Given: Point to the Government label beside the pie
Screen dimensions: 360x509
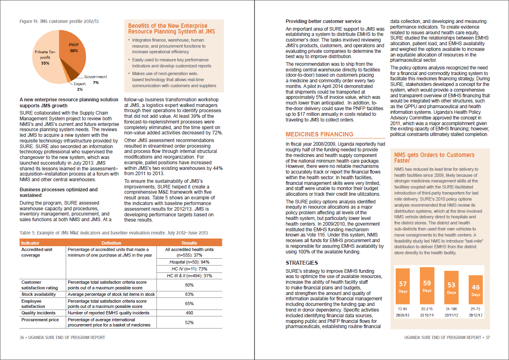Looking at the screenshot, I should point(96,77).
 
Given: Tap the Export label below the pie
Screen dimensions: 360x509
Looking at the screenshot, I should point(80,84).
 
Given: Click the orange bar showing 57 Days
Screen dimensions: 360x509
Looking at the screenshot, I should point(403,287).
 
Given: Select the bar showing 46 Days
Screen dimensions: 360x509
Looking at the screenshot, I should point(476,290).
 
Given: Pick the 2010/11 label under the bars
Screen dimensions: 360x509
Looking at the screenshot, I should point(427,315).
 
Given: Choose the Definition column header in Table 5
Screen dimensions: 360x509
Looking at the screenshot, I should point(111,243).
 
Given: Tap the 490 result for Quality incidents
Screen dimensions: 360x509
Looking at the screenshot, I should point(189,313).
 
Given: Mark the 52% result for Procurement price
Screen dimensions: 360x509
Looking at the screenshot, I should point(189,322).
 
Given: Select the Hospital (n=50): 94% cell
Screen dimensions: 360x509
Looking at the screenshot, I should point(189,262).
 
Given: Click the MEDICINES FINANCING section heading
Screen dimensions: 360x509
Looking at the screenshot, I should point(319,134).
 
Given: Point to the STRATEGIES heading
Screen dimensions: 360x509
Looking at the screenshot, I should point(302,263).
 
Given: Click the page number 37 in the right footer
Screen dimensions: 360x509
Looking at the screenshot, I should point(487,337).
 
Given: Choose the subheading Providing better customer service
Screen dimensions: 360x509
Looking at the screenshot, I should point(323,21).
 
